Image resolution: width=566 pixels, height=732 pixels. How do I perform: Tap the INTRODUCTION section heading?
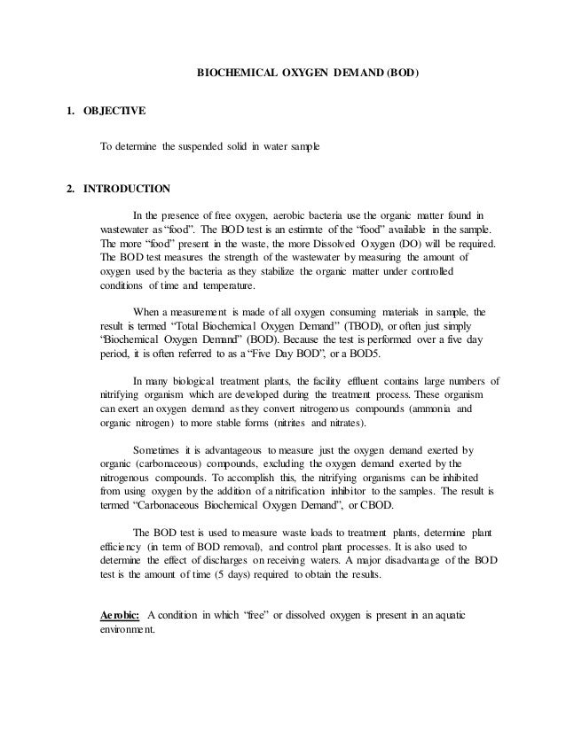point(121,188)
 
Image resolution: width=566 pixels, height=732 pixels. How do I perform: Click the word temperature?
point(229,285)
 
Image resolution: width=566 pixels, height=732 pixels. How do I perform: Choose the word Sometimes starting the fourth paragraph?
point(160,449)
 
